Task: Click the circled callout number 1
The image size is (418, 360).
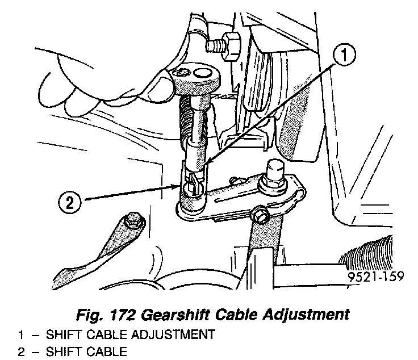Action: point(344,56)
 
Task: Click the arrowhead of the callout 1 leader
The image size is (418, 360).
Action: point(205,165)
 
